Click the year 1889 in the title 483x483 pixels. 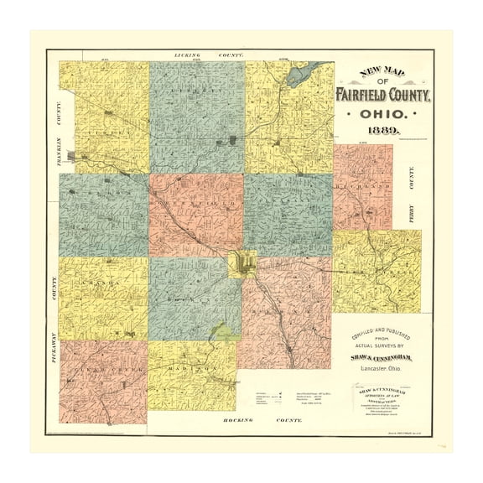click(x=382, y=132)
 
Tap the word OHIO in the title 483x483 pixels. click(x=382, y=113)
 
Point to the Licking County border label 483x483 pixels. click(x=209, y=55)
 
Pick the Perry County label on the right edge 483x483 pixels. click(x=410, y=194)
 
